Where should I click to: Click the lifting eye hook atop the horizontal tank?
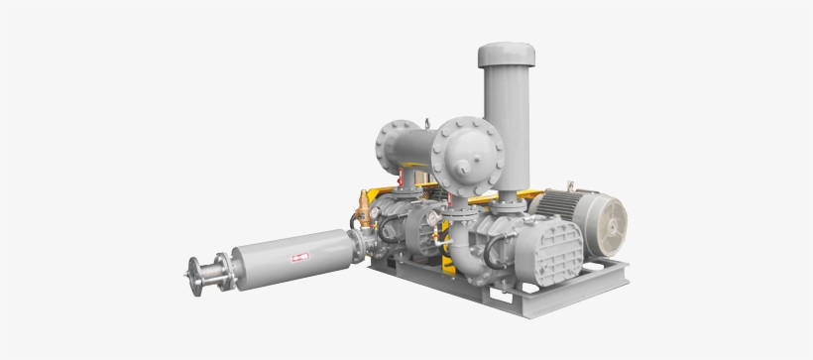tap(427, 122)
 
